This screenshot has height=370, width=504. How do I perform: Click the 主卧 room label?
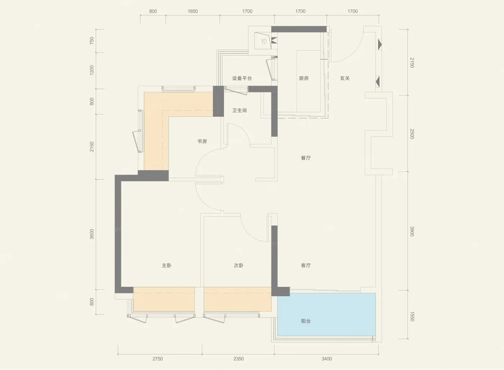pos(166,265)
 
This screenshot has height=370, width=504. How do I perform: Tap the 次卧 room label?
pos(238,265)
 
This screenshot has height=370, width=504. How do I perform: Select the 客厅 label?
pos(306,265)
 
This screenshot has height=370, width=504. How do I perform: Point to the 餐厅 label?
pos(306,158)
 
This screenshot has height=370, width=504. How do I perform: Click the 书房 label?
pos(202,141)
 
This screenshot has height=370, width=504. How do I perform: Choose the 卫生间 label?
pos(239,110)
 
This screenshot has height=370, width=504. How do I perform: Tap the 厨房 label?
pos(303,78)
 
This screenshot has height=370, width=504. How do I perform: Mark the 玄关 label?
pos(345,78)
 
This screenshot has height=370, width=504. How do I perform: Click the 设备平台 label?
pos(242,78)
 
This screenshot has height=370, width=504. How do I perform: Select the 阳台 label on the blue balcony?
pos(306,321)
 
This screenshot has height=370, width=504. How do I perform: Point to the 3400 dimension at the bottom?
pos(327,359)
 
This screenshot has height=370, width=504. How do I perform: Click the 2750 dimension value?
pos(158,359)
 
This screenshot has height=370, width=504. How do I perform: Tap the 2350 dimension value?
pos(238,359)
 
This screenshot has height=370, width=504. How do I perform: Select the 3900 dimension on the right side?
pos(412,231)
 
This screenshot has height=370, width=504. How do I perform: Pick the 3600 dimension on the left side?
pos(91,234)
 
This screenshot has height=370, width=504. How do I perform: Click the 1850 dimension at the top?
pos(193,11)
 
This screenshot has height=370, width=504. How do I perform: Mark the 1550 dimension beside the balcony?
pos(412,316)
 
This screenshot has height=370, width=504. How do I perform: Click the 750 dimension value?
pos(91,40)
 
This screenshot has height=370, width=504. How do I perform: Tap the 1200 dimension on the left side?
pos(91,70)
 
